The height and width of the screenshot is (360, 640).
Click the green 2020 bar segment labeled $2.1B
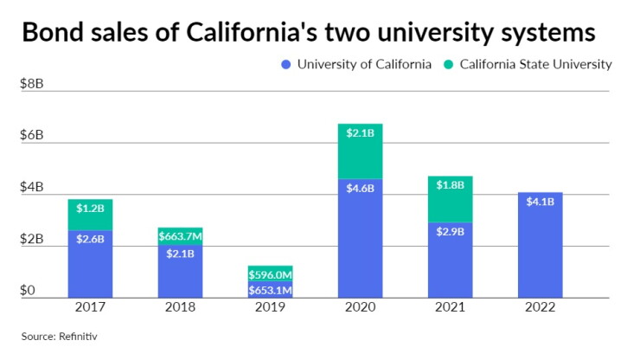tap(360, 151)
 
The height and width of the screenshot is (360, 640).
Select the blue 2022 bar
tap(540, 245)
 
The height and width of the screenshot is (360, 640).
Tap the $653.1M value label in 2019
tap(270, 290)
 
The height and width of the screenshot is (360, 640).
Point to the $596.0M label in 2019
tap(270, 274)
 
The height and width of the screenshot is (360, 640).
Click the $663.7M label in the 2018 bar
tap(181, 236)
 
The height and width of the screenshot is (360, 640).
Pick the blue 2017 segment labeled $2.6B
tap(90, 264)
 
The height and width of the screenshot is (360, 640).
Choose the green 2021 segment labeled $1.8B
tap(451, 199)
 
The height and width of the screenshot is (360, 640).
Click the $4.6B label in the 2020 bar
tap(360, 189)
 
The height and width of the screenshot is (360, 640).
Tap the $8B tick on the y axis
tap(32, 84)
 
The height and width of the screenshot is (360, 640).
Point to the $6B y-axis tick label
tap(32, 135)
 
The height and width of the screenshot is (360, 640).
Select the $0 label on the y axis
tap(28, 290)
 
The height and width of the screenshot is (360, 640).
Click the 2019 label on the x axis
tap(270, 307)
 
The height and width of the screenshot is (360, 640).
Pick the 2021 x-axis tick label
tap(451, 307)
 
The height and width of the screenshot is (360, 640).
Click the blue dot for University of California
tap(286, 65)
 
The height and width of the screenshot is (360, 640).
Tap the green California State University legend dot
tap(449, 65)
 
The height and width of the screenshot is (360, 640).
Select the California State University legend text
tap(536, 65)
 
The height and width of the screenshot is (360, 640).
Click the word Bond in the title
tap(54, 32)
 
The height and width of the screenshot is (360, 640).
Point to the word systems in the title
tap(548, 34)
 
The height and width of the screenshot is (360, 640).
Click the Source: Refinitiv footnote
tap(59, 337)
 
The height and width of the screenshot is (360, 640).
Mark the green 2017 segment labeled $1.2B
tap(90, 215)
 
